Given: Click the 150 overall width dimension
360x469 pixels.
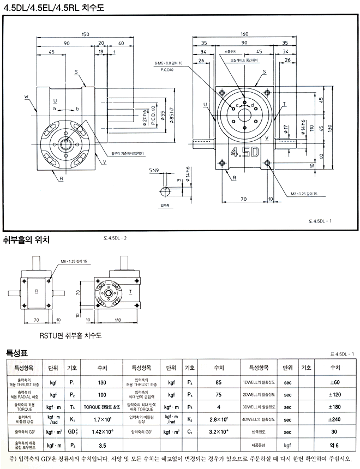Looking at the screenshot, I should pyautogui.click(x=86, y=34).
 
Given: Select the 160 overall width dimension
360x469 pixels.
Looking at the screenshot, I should pyautogui.click(x=244, y=34).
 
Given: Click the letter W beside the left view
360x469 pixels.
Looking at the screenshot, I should pyautogui.click(x=26, y=98).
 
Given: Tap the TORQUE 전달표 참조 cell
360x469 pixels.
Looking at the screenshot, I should pyautogui.click(x=101, y=407).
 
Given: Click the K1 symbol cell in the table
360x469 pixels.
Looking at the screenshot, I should pyautogui.click(x=71, y=419).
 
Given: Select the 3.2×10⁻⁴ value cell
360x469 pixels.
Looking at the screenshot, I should pyautogui.click(x=219, y=432).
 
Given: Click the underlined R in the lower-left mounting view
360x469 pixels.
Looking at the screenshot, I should pyautogui.click(x=36, y=291).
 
